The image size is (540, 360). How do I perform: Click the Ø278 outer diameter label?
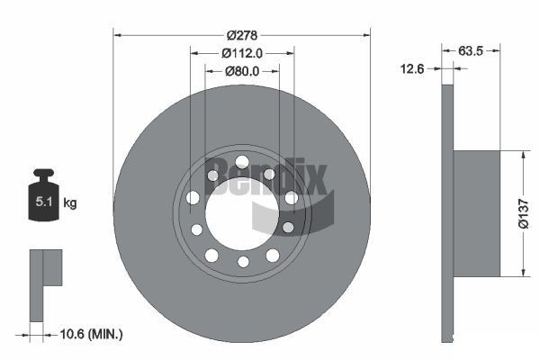pyautogui.click(x=242, y=34)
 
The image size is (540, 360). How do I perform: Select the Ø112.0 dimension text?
pyautogui.click(x=242, y=52)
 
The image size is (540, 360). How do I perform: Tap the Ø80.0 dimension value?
pyautogui.click(x=242, y=70)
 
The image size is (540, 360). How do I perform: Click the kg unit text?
pyautogui.click(x=70, y=203)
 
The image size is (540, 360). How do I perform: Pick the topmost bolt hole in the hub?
pyautogui.click(x=242, y=162)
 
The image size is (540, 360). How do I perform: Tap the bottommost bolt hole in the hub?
pyautogui.click(x=242, y=262)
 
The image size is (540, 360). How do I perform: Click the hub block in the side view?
pyautogui.click(x=477, y=212)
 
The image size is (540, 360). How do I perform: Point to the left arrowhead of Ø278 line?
pyautogui.click(x=117, y=34)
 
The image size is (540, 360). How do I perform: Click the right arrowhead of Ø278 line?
pyautogui.click(x=366, y=34)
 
